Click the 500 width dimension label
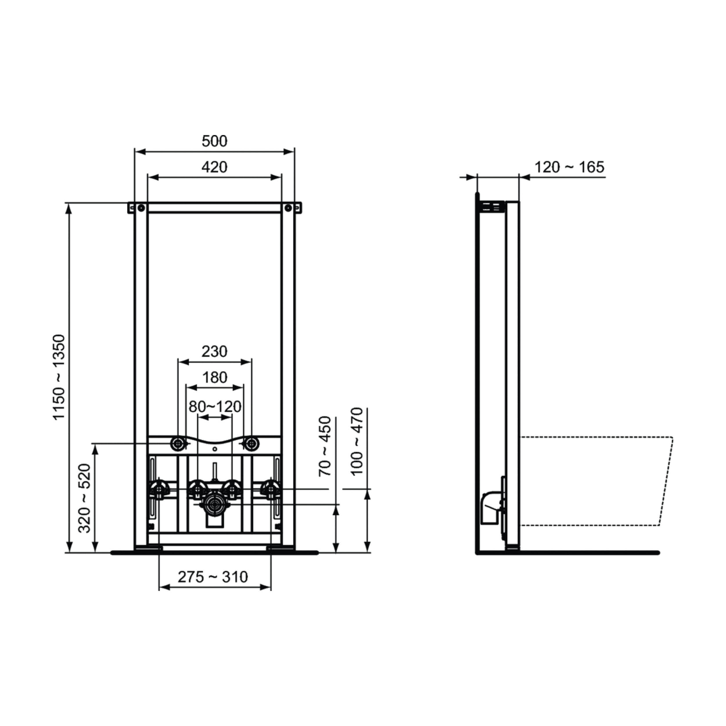click(x=214, y=141)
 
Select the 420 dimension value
click(x=214, y=167)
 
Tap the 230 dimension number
click(x=214, y=351)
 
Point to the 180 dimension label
click(x=215, y=377)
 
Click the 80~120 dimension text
click(x=215, y=406)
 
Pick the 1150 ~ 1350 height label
click(x=59, y=377)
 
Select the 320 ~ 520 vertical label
click(x=85, y=498)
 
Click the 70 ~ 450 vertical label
click(x=325, y=446)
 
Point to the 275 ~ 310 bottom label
click(x=213, y=577)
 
